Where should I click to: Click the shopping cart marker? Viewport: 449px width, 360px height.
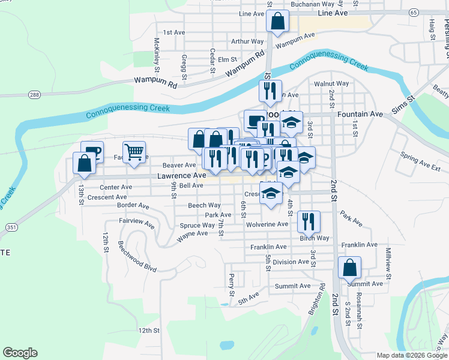pyautogui.click(x=134, y=151)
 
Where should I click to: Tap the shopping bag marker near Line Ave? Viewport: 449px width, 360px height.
pyautogui.click(x=277, y=22)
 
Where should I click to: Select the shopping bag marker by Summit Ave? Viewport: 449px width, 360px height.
pyautogui.click(x=349, y=267)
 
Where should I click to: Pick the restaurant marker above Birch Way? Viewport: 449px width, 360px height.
pyautogui.click(x=309, y=221)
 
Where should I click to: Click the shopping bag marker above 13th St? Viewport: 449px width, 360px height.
pyautogui.click(x=84, y=163)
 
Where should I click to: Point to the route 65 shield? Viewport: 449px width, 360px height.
pyautogui.click(x=414, y=12)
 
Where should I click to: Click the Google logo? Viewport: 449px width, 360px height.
pyautogui.click(x=20, y=353)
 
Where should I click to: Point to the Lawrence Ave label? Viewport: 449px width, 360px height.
pyautogui.click(x=182, y=176)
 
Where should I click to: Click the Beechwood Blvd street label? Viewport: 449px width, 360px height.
pyautogui.click(x=137, y=256)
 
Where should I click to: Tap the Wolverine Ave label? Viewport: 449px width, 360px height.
pyautogui.click(x=267, y=224)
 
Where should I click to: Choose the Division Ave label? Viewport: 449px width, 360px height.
pyautogui.click(x=291, y=262)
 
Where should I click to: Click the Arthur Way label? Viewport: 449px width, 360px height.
pyautogui.click(x=247, y=41)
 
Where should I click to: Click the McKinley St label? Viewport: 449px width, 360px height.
pyautogui.click(x=157, y=52)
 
